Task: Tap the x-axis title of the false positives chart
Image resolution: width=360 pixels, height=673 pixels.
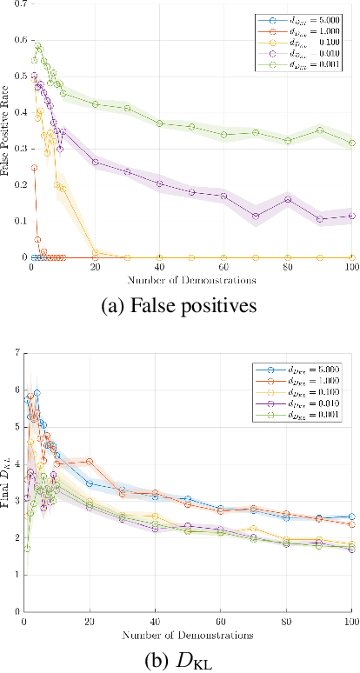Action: [190, 280]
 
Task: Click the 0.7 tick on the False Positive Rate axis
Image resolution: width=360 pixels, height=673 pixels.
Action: [19, 4]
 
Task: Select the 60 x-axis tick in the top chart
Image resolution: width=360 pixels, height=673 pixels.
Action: [223, 268]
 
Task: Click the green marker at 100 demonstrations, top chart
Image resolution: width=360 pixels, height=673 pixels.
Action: [352, 143]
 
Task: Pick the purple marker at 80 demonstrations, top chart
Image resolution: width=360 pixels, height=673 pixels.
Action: [288, 199]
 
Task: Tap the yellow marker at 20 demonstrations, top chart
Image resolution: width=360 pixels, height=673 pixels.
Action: [95, 253]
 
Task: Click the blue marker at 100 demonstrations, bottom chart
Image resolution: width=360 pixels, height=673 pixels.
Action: [352, 516]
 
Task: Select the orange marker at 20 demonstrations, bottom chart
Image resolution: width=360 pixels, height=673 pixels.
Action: [90, 461]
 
